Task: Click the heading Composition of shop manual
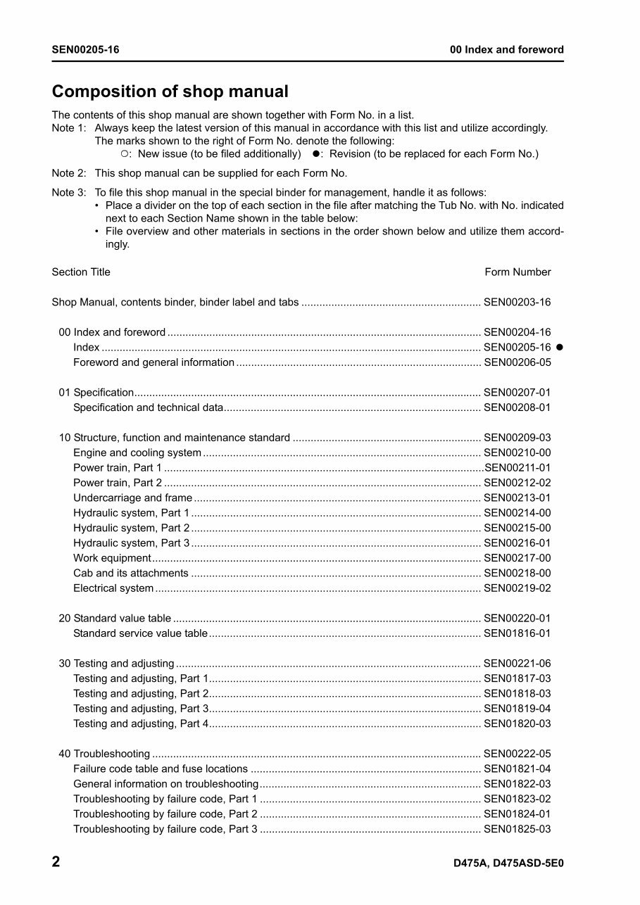coord(170,91)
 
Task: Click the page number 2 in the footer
coord(56,862)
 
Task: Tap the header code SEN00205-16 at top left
coord(85,49)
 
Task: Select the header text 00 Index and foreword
coord(507,49)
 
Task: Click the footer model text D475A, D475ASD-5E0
coord(508,863)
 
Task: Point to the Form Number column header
coord(517,272)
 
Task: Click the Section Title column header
coord(81,272)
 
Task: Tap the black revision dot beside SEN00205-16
coord(560,348)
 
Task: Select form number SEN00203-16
coord(517,303)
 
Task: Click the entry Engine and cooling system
coord(137,452)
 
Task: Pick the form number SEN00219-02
coord(517,588)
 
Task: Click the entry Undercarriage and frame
coord(132,498)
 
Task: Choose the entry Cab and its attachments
coord(131,573)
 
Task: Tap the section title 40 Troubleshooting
coord(104,754)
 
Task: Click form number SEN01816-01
coord(517,633)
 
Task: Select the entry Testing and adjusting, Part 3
coord(141,709)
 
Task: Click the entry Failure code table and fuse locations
coord(161,768)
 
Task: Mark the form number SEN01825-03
coord(517,829)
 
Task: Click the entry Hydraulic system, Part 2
coord(131,528)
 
